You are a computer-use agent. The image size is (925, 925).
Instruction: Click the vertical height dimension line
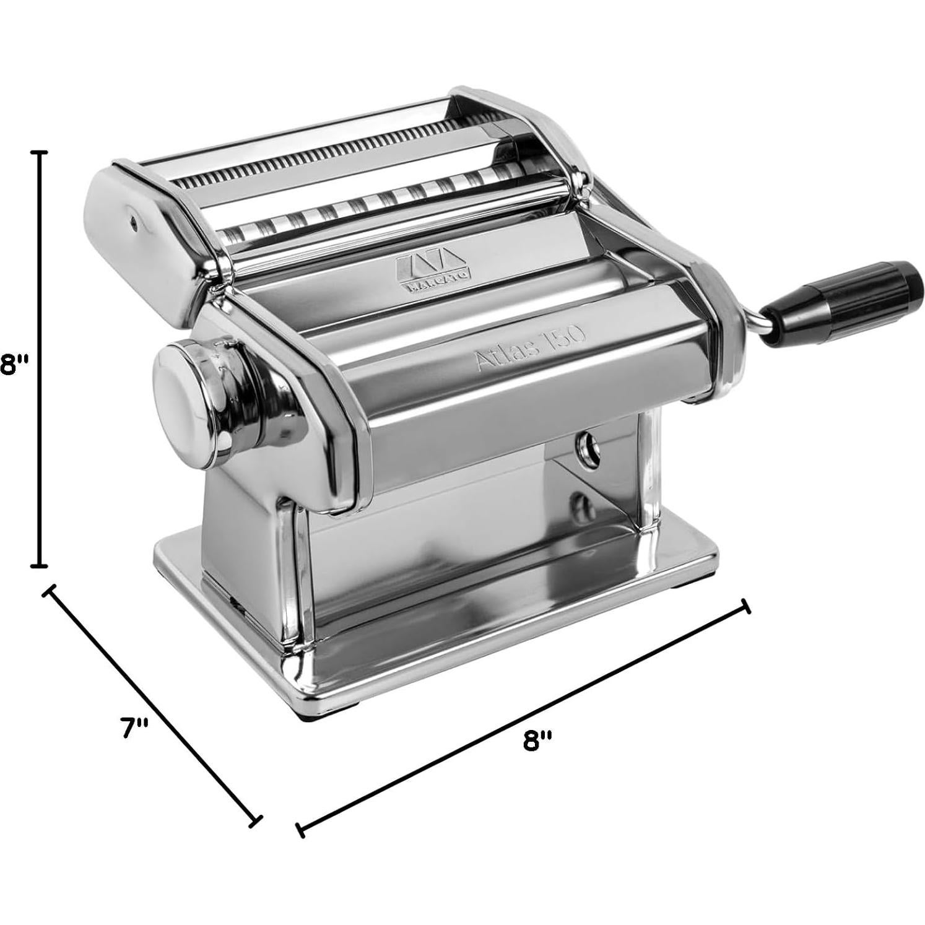coord(41,359)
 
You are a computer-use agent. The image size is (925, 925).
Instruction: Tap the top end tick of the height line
coord(41,152)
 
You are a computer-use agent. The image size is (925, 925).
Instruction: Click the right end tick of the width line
coord(747,606)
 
